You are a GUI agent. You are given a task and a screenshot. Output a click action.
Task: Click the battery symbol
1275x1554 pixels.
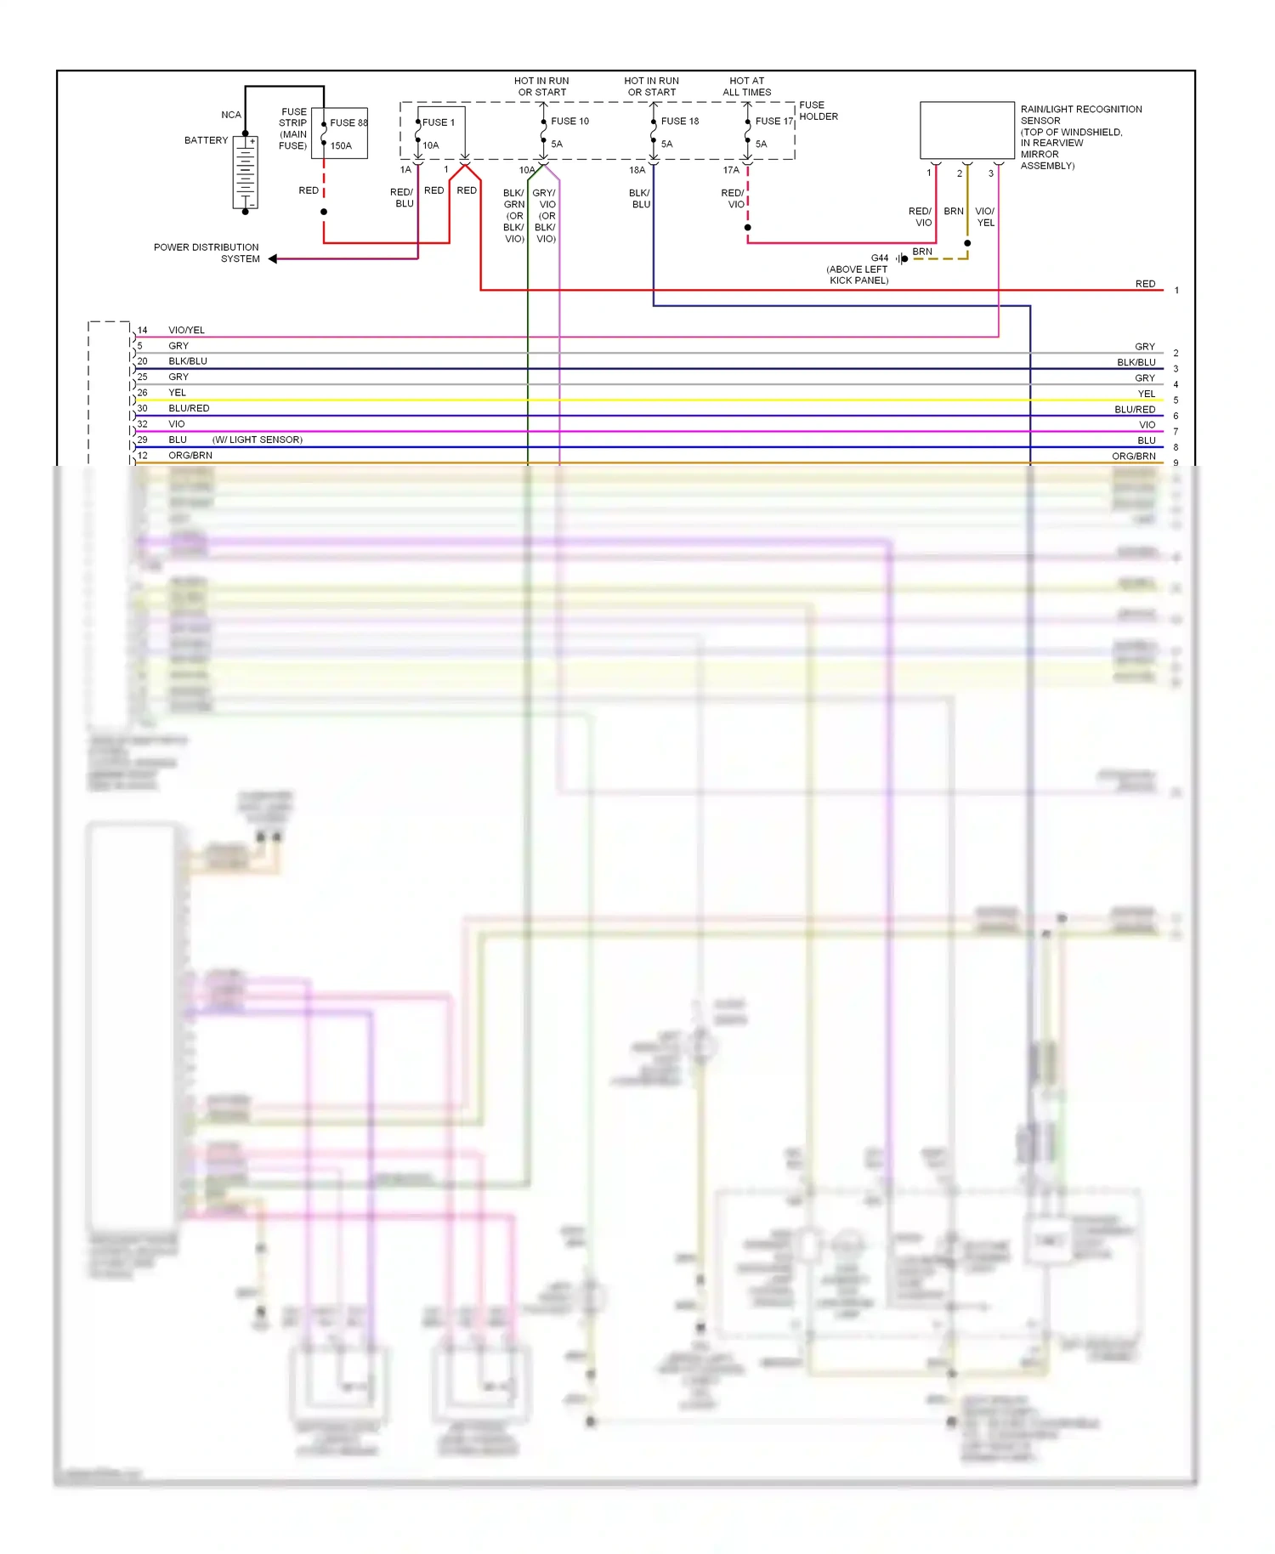(246, 173)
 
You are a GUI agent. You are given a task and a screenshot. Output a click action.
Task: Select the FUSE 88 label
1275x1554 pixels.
(348, 122)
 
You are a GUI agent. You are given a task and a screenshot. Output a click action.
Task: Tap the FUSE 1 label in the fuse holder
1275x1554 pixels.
(439, 122)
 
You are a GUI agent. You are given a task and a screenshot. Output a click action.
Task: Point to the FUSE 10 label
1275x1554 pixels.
(569, 121)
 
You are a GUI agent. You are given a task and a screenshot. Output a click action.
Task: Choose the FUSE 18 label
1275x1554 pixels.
(679, 121)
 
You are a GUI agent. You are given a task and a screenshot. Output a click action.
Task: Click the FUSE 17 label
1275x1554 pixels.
(773, 121)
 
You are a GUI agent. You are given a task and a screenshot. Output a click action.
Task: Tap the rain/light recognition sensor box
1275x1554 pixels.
(967, 130)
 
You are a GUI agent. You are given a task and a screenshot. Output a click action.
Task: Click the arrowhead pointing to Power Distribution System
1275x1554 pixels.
(273, 258)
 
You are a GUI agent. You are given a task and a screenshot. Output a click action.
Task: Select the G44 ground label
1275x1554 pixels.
(880, 258)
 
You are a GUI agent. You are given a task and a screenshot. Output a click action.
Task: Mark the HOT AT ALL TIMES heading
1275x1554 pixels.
(746, 87)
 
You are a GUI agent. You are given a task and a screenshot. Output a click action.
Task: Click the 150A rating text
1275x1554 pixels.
(341, 145)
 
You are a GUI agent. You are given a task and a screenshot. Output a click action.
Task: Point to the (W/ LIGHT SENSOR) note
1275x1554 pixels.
(258, 440)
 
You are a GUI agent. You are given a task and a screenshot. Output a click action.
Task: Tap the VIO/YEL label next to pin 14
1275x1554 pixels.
(186, 330)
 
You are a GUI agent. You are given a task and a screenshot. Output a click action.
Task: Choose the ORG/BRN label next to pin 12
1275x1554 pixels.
(190, 456)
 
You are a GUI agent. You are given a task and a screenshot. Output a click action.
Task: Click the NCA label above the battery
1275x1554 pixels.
(231, 115)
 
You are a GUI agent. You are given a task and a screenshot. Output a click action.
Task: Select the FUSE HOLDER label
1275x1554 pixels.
(818, 111)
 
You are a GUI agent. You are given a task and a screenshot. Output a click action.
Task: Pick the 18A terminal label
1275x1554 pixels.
(637, 170)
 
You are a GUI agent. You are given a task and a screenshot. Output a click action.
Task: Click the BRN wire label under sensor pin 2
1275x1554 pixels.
(954, 211)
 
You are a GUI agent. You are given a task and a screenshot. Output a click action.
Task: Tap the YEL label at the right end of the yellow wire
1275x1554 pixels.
(1147, 394)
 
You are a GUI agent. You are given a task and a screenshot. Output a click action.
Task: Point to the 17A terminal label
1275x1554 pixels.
(731, 170)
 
